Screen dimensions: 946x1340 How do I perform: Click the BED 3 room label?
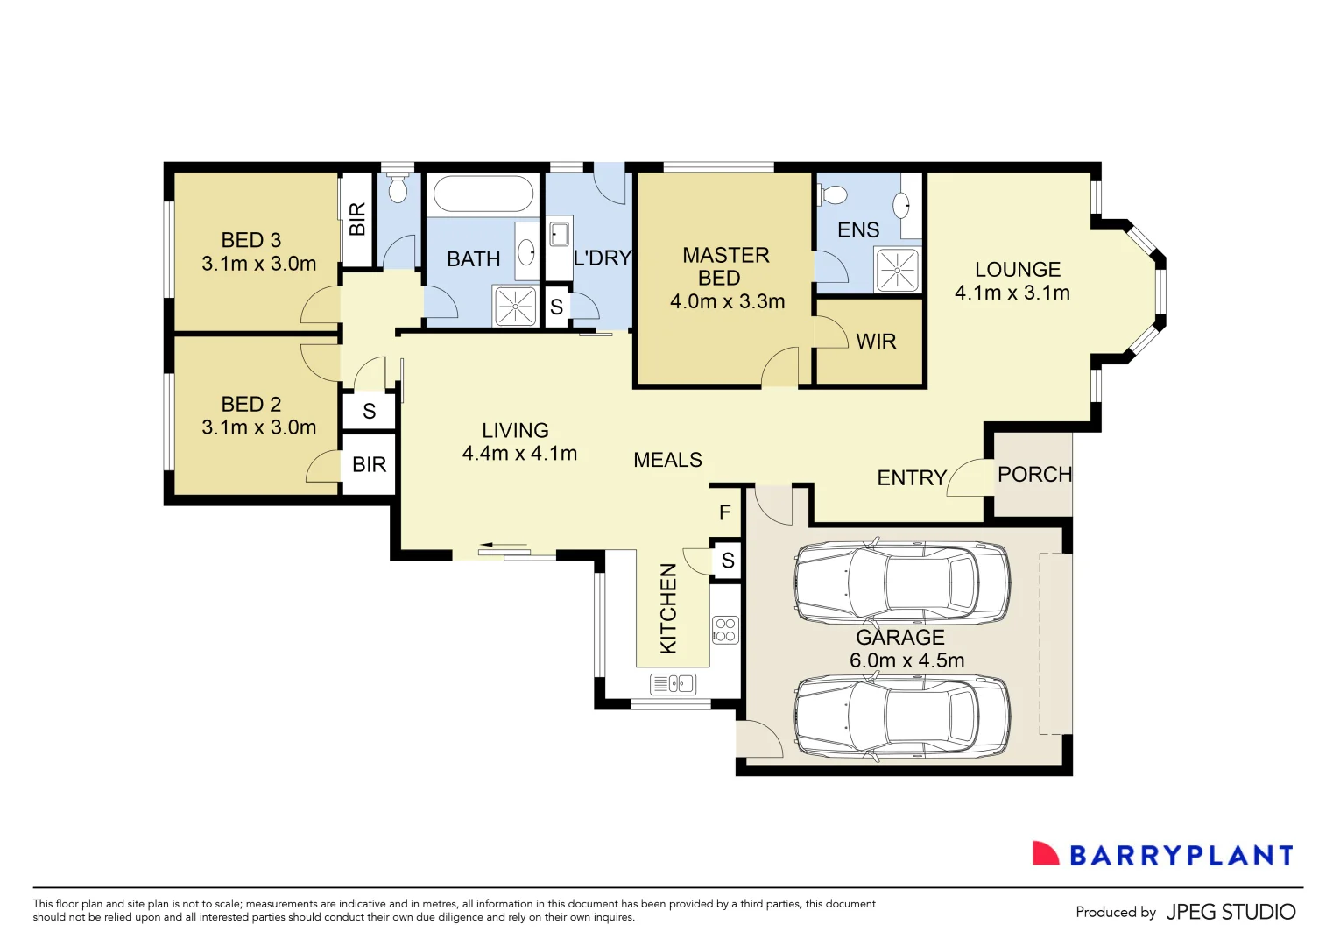(251, 240)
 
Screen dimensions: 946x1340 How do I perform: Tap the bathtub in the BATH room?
(483, 194)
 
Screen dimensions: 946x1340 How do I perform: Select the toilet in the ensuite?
(833, 194)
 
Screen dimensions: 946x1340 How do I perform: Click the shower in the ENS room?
(897, 270)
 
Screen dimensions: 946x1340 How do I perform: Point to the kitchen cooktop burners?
(725, 630)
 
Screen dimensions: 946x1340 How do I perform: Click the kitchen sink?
(674, 684)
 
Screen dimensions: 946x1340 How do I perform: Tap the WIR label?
(876, 342)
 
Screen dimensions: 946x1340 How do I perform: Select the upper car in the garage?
(902, 582)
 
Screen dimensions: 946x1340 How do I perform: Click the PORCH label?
(1034, 475)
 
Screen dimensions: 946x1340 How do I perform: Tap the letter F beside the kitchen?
(725, 513)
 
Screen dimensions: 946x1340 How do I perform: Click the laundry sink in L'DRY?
(559, 235)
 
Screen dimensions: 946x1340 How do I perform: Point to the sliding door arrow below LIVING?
(503, 546)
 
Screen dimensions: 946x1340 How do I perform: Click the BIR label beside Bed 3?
(357, 219)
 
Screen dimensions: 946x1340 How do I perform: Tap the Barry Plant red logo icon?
(1046, 854)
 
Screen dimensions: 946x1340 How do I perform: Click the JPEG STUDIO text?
(1231, 913)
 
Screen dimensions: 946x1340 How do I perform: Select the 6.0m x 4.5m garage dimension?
(906, 660)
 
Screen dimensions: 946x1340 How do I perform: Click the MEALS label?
(667, 461)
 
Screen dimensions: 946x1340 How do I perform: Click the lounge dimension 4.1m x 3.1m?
(1012, 293)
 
